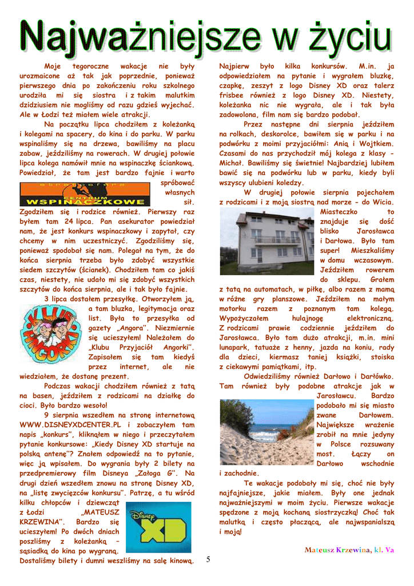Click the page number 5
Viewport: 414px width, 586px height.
coord(209,559)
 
